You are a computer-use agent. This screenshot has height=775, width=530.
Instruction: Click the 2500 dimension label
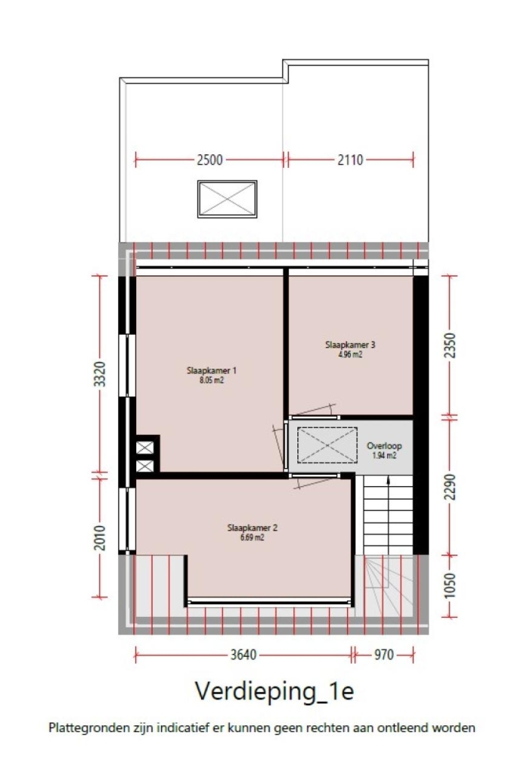(x=209, y=160)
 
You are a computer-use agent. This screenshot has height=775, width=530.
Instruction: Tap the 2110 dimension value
(x=350, y=160)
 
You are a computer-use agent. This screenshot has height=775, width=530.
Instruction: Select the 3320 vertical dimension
(x=100, y=375)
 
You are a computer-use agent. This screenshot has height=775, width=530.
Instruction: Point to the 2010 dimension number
(x=100, y=537)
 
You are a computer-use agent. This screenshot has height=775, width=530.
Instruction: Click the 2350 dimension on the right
(x=450, y=345)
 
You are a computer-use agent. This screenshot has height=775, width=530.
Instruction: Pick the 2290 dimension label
(x=450, y=487)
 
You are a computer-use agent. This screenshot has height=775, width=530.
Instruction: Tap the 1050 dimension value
(x=450, y=585)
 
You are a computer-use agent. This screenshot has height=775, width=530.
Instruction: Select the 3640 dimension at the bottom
(x=243, y=655)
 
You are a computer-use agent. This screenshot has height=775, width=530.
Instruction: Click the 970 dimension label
(x=384, y=655)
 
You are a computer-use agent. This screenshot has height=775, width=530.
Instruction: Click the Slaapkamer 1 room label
(x=212, y=370)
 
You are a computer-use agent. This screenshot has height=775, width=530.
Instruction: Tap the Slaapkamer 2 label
(x=252, y=527)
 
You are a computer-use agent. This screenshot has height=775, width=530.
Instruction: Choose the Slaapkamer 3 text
(x=350, y=345)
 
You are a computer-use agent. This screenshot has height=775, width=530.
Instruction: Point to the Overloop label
(x=384, y=445)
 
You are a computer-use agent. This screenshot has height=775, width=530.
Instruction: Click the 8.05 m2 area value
(x=212, y=380)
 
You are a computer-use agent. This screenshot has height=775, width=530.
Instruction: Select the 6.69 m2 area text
(x=252, y=537)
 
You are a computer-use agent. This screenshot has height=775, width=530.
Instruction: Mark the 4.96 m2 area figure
(x=350, y=354)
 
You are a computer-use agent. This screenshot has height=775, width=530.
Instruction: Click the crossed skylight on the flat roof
(x=227, y=199)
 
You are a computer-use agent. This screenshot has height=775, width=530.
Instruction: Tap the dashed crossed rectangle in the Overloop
(x=327, y=445)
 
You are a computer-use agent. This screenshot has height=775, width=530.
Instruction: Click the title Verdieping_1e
(x=274, y=691)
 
